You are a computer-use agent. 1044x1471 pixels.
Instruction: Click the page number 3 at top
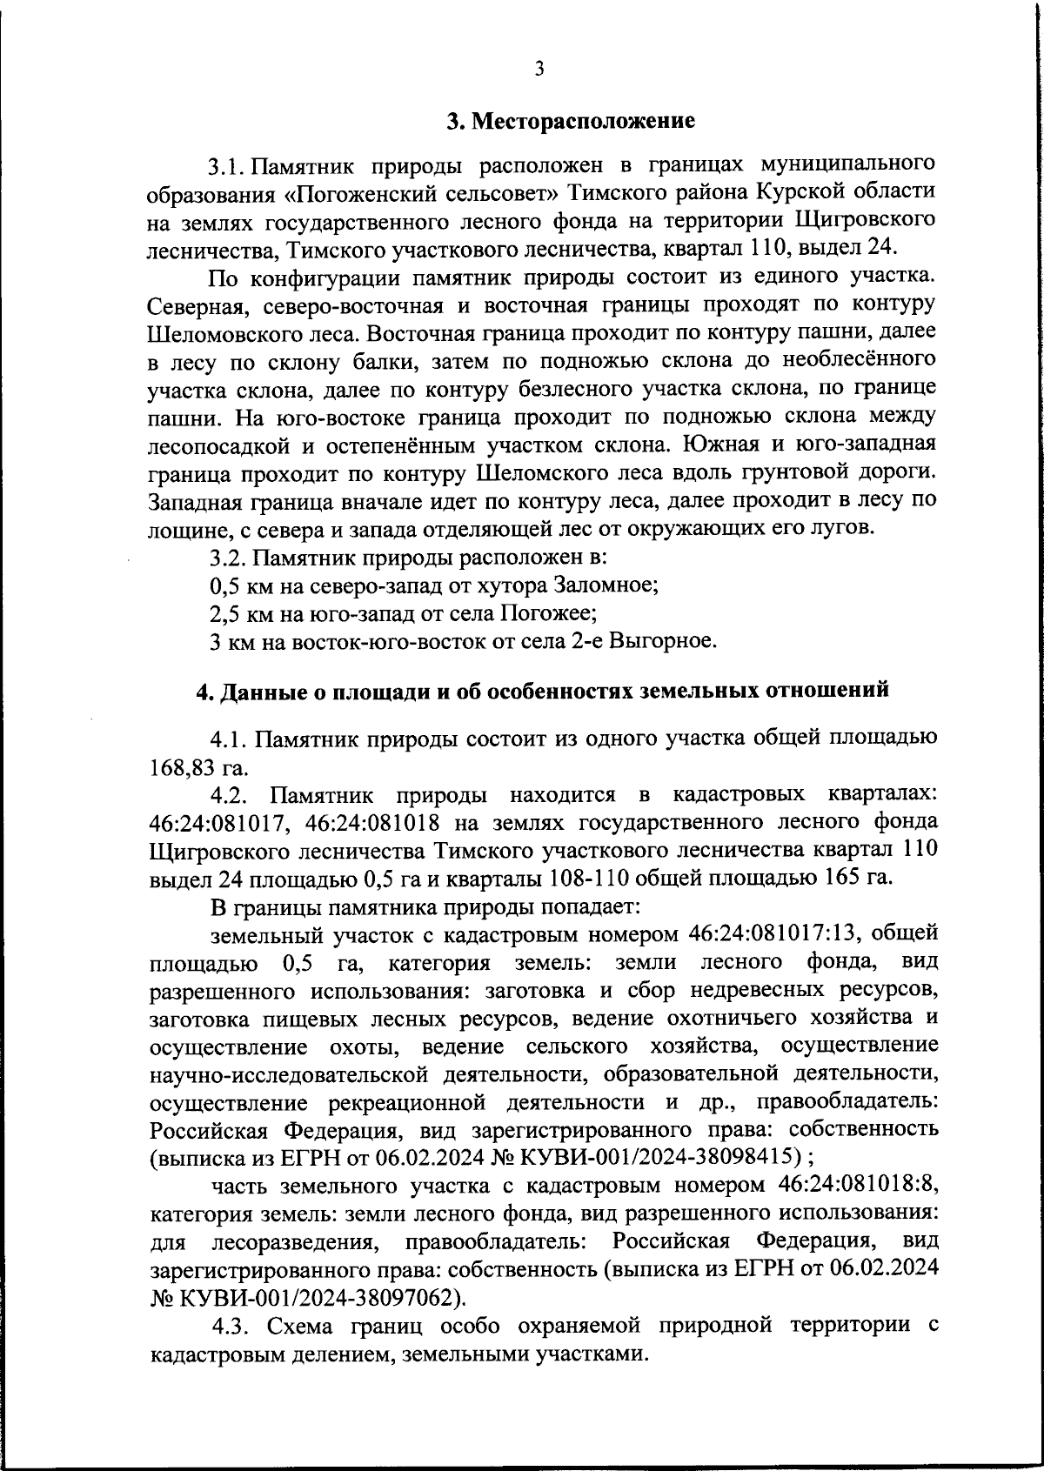[x=539, y=69]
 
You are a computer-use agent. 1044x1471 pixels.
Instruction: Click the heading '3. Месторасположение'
[x=571, y=121]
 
